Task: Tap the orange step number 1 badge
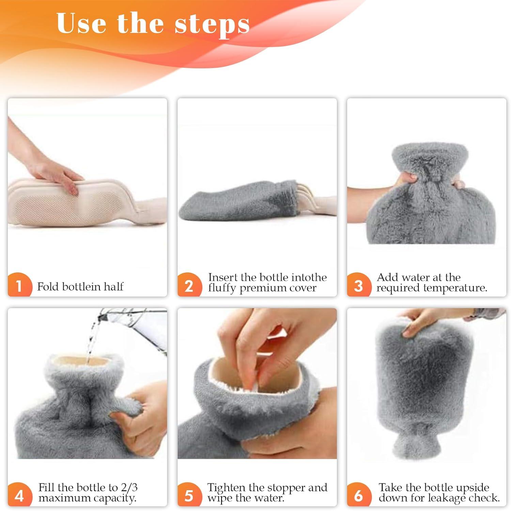[19, 286]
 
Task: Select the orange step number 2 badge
[189, 286]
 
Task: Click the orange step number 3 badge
[358, 286]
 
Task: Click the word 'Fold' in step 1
[48, 286]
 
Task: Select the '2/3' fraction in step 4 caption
[129, 487]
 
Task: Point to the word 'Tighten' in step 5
[227, 487]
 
